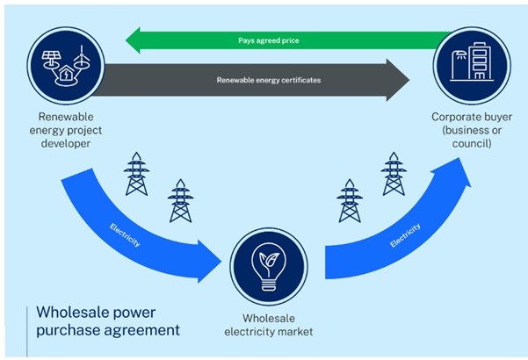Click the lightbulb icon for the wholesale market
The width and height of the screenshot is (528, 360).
tap(269, 263)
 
